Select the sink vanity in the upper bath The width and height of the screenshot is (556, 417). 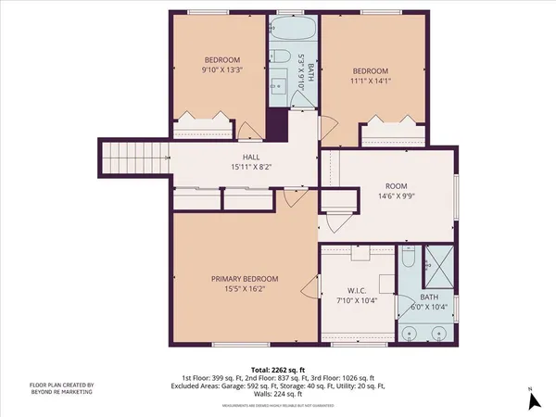281,85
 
